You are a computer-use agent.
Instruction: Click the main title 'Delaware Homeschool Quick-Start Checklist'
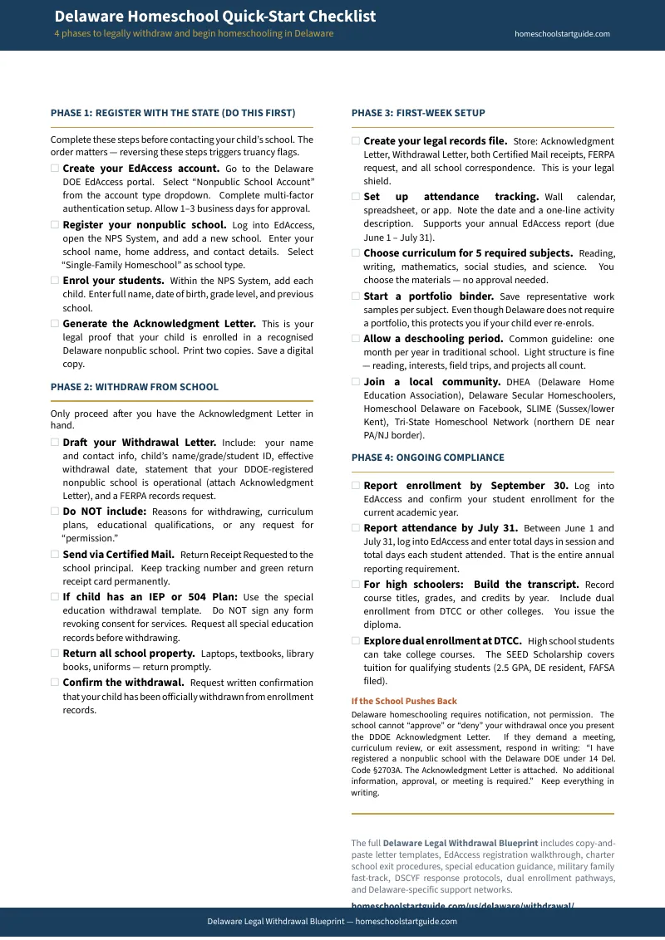(x=214, y=17)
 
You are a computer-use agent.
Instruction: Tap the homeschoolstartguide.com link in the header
(x=562, y=34)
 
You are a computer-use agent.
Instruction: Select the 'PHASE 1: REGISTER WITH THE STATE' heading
(x=172, y=113)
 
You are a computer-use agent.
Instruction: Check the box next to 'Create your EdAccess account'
(x=55, y=168)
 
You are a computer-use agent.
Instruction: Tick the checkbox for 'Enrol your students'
(x=55, y=281)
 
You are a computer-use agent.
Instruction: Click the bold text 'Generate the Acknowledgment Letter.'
(x=159, y=324)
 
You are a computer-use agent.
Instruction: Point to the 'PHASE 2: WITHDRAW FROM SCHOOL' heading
(x=134, y=387)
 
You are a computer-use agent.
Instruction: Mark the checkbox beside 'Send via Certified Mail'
(x=55, y=554)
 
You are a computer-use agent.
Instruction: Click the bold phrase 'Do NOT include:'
(x=104, y=512)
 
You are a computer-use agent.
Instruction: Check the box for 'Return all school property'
(x=55, y=654)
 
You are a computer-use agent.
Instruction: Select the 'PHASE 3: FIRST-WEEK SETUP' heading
(x=418, y=113)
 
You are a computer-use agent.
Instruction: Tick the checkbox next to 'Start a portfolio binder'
(x=356, y=296)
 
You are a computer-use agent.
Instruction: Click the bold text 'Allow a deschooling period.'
(x=433, y=339)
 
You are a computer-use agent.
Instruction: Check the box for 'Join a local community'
(x=356, y=382)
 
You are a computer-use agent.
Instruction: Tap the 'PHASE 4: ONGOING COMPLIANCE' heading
(x=427, y=458)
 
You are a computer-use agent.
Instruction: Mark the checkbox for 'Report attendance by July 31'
(x=356, y=527)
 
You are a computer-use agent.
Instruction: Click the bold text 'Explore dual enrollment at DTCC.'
(x=442, y=641)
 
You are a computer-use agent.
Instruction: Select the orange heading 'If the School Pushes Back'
(x=404, y=701)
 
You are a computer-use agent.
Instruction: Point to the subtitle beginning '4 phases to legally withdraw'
(x=194, y=34)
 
